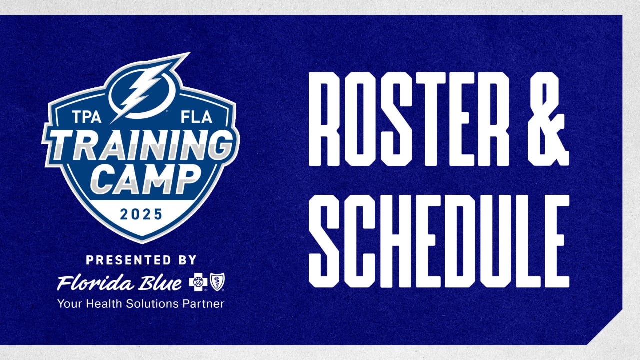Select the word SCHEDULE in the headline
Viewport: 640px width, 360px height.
(x=438, y=241)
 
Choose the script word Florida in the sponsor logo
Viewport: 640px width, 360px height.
(x=92, y=284)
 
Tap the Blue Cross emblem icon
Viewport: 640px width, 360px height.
(x=198, y=283)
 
